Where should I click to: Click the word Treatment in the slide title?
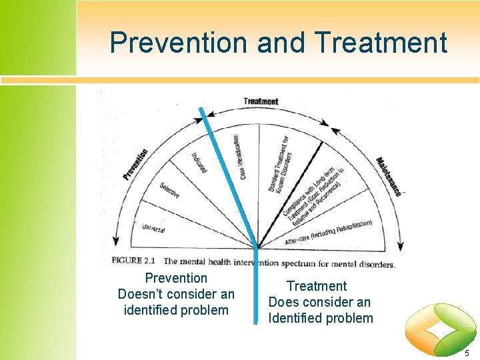pos(381,43)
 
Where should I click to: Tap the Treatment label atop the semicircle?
pos(261,101)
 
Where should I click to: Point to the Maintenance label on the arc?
pos(389,177)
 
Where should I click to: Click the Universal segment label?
pos(153,228)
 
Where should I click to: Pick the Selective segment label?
pos(169,190)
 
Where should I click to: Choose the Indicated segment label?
pos(199,163)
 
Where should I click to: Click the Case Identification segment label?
pos(239,156)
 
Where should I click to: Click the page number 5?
pos(466,352)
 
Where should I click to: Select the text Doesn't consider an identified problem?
pos(176,301)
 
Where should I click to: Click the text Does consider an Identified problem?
pos(321,310)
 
